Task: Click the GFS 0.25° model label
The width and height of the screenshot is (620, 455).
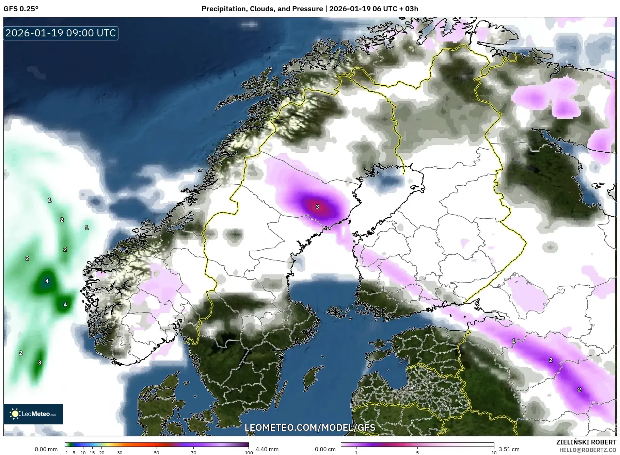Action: [21, 9]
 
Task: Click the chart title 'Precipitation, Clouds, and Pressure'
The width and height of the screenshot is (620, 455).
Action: [262, 9]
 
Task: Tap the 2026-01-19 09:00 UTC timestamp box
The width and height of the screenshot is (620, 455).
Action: [61, 33]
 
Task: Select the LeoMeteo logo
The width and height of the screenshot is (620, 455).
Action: [33, 414]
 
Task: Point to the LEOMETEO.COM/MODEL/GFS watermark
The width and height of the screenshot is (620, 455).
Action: [310, 427]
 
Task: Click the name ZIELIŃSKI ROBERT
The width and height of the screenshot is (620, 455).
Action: [586, 442]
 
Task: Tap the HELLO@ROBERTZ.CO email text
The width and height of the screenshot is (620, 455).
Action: [588, 450]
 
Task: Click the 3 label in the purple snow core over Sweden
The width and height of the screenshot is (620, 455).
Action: [317, 207]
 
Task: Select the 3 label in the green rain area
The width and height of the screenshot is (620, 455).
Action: [39, 363]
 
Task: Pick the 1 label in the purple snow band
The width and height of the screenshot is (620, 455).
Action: [514, 341]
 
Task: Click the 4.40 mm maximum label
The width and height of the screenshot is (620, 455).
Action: [267, 449]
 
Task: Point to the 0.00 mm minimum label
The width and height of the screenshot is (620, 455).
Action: [46, 449]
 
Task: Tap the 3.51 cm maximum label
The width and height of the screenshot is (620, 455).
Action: [509, 449]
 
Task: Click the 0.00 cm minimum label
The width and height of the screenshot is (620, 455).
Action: [325, 449]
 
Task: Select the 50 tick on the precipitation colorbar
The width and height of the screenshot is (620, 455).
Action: [157, 453]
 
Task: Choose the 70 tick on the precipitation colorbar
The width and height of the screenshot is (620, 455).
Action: [193, 453]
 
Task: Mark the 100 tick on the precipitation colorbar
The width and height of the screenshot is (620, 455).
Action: [249, 453]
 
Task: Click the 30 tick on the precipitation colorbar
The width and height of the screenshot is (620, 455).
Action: [120, 453]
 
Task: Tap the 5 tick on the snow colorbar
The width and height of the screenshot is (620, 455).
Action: [417, 453]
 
